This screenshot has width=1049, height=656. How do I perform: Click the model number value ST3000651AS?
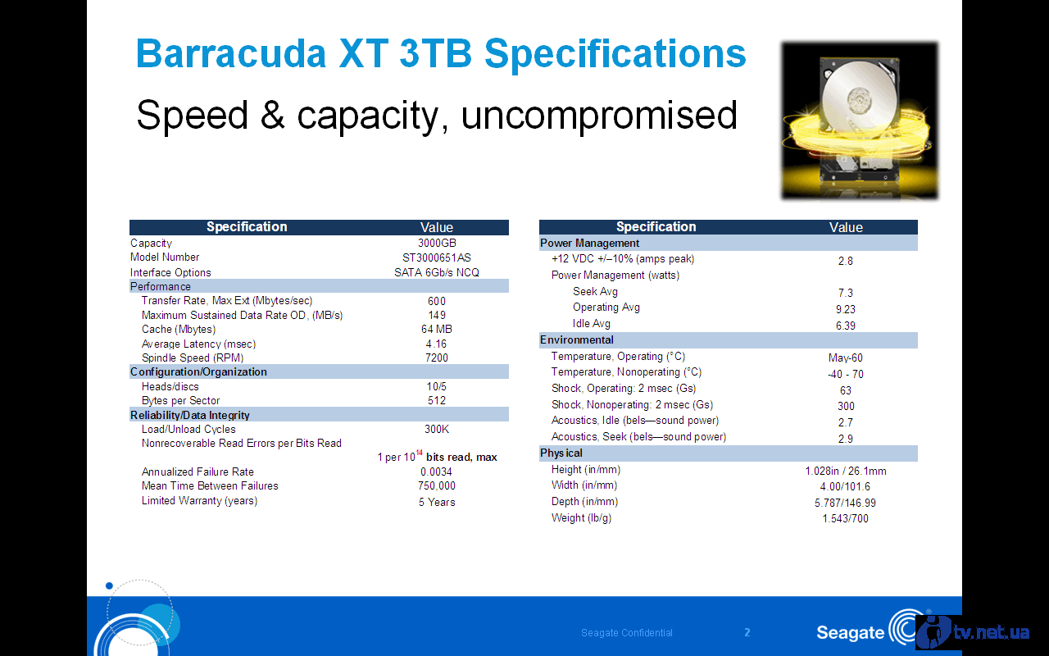pyautogui.click(x=437, y=257)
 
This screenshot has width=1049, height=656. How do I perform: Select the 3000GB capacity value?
pyautogui.click(x=437, y=243)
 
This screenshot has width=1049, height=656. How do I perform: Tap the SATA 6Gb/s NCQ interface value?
pyautogui.click(x=437, y=272)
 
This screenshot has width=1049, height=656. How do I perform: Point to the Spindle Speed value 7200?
pyautogui.click(x=437, y=358)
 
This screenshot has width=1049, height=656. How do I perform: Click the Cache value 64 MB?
pyautogui.click(x=437, y=329)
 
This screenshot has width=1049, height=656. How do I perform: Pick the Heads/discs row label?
pyautogui.click(x=170, y=386)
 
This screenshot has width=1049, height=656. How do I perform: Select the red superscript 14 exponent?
pyautogui.click(x=419, y=452)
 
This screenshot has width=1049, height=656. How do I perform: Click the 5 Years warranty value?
pyautogui.click(x=437, y=502)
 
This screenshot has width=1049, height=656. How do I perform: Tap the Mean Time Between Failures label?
pyautogui.click(x=210, y=486)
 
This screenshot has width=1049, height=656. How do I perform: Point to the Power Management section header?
pyautogui.click(x=589, y=243)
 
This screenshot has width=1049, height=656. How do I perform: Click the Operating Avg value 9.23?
pyautogui.click(x=845, y=309)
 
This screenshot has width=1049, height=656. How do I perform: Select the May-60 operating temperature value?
pyautogui.click(x=845, y=358)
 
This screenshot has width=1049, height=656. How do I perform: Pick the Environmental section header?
pyautogui.click(x=576, y=339)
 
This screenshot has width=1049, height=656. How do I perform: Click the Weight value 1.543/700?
pyautogui.click(x=845, y=518)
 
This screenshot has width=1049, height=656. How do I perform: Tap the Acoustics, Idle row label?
pyautogui.click(x=635, y=421)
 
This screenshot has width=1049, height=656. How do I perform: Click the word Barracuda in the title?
pyautogui.click(x=231, y=53)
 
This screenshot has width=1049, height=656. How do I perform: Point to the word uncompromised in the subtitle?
pyautogui.click(x=599, y=116)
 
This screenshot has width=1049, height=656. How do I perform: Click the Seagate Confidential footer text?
pyautogui.click(x=627, y=632)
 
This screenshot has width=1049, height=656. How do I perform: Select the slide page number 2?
pyautogui.click(x=747, y=632)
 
